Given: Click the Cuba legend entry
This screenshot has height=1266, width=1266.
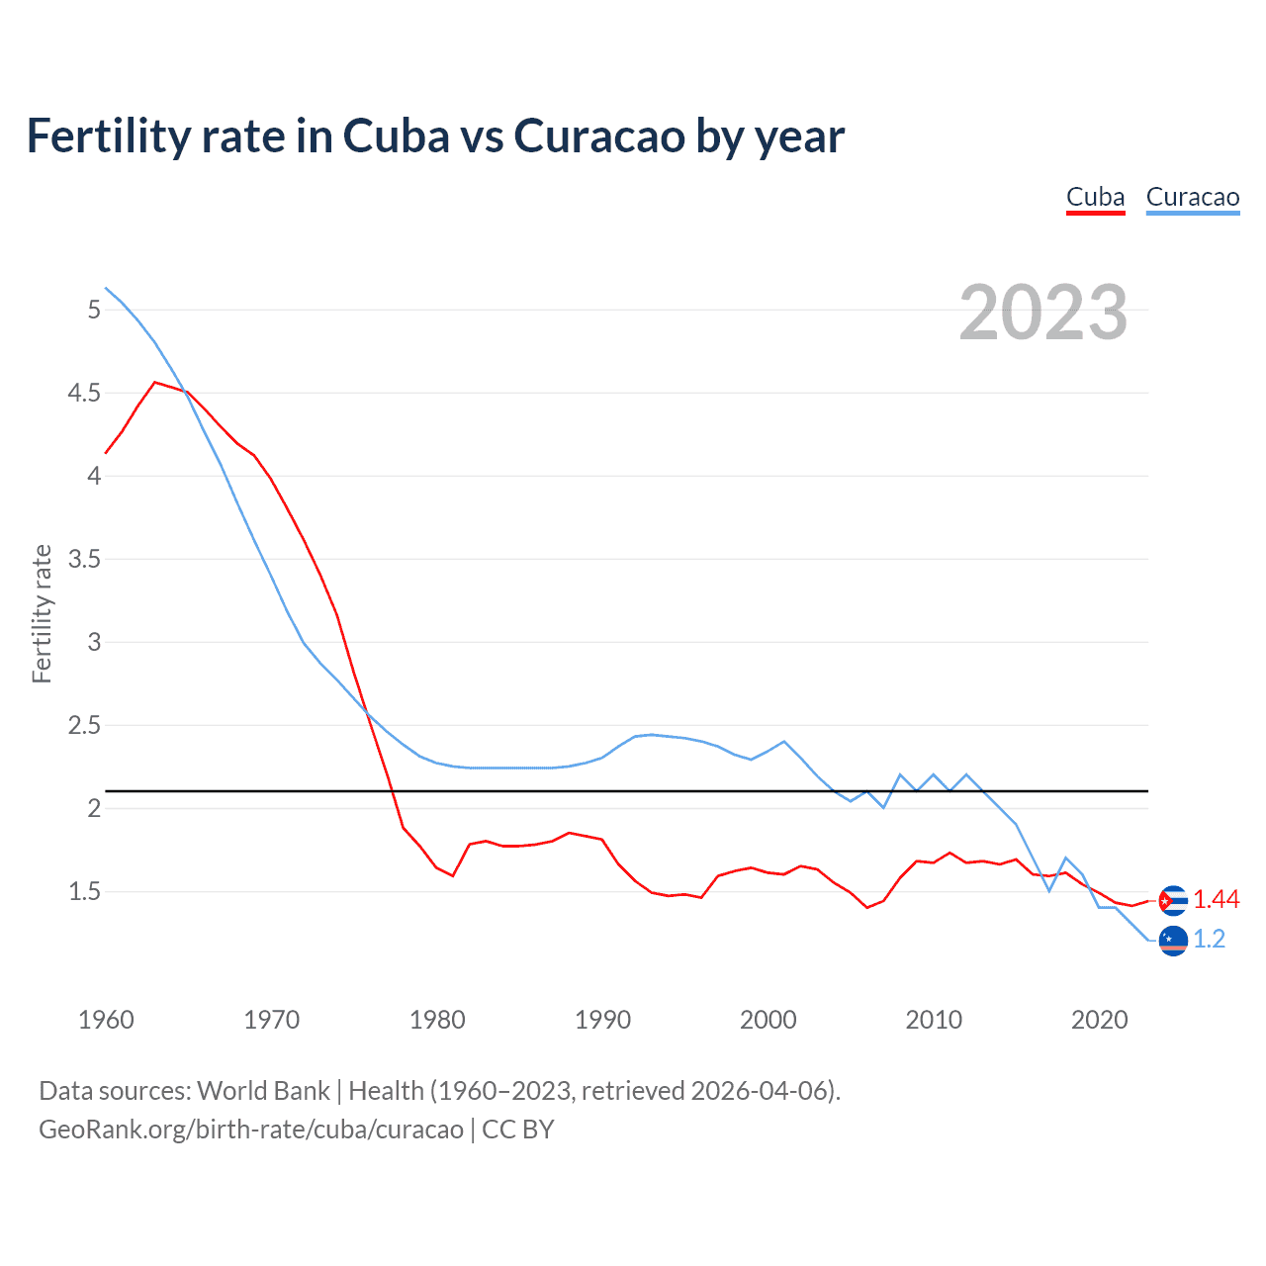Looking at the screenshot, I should pos(1095,197).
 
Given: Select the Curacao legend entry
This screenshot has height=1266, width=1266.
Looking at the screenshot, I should pos(1192,197).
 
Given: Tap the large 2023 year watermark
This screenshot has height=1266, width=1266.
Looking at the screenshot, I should pos(1042,313).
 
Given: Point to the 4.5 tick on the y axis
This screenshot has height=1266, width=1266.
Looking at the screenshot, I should pos(84,393).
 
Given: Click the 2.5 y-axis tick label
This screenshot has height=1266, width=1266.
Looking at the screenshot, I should pos(84,725).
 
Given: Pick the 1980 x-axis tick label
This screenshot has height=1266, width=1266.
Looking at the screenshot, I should pos(437,1020).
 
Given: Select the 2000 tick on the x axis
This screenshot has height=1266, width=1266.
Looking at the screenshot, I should pos(768,1020).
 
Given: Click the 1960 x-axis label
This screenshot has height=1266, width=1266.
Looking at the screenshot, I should pos(106,1020).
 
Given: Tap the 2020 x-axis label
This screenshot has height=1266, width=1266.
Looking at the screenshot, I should pos(1099,1020).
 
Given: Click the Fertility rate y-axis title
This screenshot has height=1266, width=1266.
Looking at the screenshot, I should pos(42,613).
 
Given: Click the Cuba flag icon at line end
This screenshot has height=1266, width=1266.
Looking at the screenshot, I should pos(1173,900).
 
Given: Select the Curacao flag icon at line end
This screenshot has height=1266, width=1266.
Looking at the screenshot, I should pos(1173,941).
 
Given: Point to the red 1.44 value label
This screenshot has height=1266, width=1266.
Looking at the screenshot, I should pos(1216,899).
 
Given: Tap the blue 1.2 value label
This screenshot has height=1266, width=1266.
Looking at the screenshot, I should pos(1210,940).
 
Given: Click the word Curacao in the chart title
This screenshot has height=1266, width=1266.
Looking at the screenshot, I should pos(599,136).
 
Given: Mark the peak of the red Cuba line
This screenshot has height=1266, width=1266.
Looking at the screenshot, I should pos(154,382).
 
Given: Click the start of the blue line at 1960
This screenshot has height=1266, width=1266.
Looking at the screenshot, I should pos(106,288).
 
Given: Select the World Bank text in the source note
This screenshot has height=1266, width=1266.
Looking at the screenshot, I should pos(263,1090).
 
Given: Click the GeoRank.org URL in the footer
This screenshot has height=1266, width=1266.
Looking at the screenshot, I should pos(251,1129).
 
